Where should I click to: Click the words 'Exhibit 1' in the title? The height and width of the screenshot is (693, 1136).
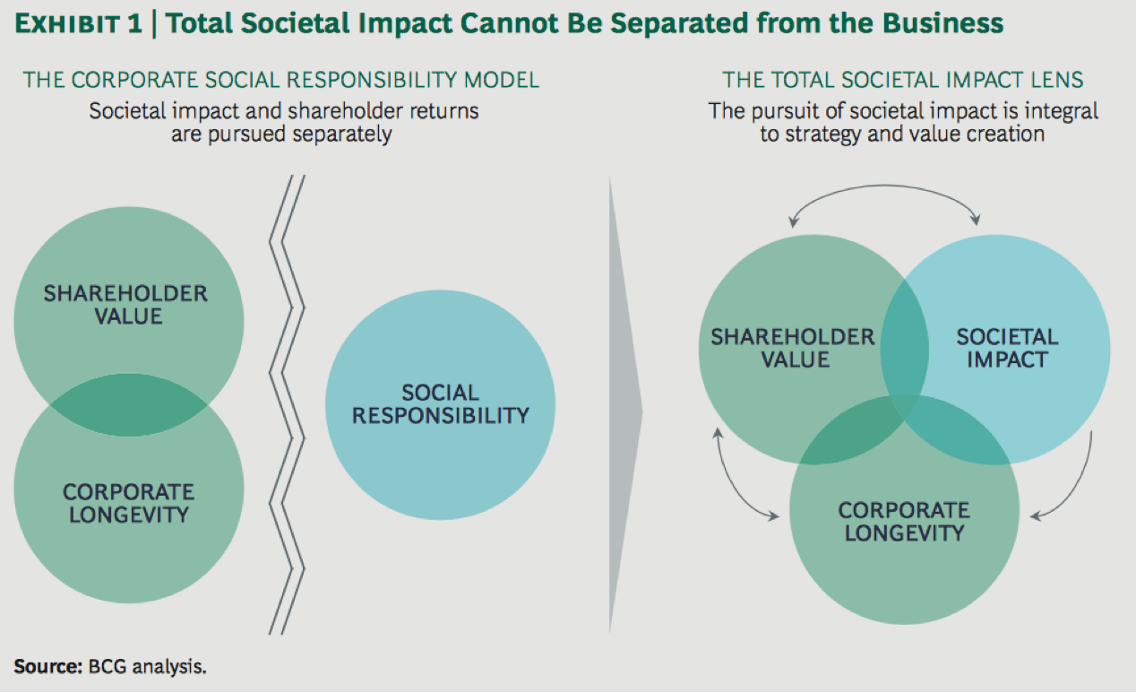click(x=79, y=24)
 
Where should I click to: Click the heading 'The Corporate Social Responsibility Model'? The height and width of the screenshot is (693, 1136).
click(x=281, y=80)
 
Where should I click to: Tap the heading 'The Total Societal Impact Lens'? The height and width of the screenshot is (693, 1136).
click(x=903, y=80)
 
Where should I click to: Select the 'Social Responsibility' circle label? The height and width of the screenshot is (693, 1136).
click(x=440, y=404)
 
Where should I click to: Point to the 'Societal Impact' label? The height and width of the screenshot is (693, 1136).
click(x=1007, y=348)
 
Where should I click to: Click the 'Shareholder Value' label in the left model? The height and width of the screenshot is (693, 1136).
click(x=125, y=305)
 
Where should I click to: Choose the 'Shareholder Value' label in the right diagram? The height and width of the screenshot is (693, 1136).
click(x=793, y=348)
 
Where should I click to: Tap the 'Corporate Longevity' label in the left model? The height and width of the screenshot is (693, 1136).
click(x=129, y=503)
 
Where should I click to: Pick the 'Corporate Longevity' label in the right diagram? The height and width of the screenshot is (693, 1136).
click(x=904, y=522)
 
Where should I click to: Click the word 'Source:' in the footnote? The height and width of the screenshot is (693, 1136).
click(x=48, y=667)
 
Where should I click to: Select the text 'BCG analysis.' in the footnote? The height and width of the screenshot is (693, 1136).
click(x=148, y=667)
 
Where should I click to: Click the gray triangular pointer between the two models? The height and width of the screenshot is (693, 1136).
click(x=624, y=406)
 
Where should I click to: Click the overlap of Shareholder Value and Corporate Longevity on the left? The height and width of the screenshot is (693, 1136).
click(x=129, y=405)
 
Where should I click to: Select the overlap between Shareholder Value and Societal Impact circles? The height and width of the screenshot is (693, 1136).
click(x=905, y=350)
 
